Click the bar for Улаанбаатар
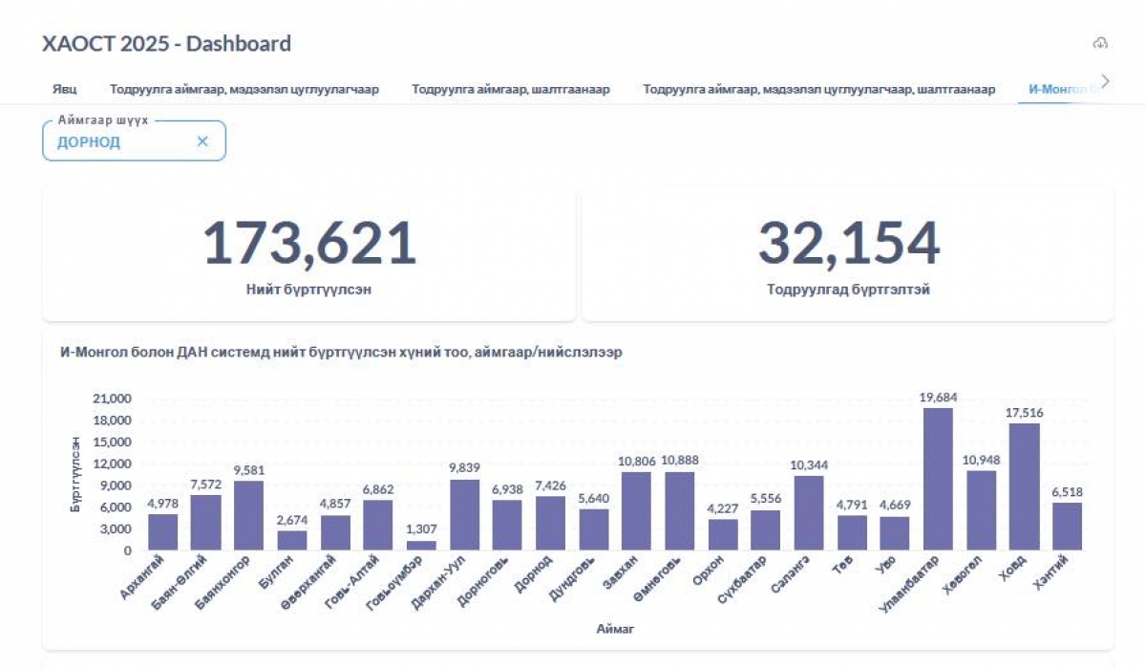tap(938, 479)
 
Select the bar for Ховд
tap(1024, 486)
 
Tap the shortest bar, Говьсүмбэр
tap(421, 546)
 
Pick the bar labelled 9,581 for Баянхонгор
tap(248, 515)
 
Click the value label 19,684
tap(938, 397)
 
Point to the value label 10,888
tap(679, 461)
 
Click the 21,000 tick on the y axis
tap(112, 399)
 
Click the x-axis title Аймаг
tap(615, 629)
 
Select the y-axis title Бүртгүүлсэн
tap(75, 474)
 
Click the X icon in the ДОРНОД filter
tap(202, 141)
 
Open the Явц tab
tap(65, 90)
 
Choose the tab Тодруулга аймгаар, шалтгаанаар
tap(511, 90)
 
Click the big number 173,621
tap(309, 243)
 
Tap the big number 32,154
tap(848, 243)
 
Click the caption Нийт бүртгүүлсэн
tap(308, 290)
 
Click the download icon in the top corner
tap(1100, 43)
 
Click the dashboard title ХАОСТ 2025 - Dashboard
tap(166, 44)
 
